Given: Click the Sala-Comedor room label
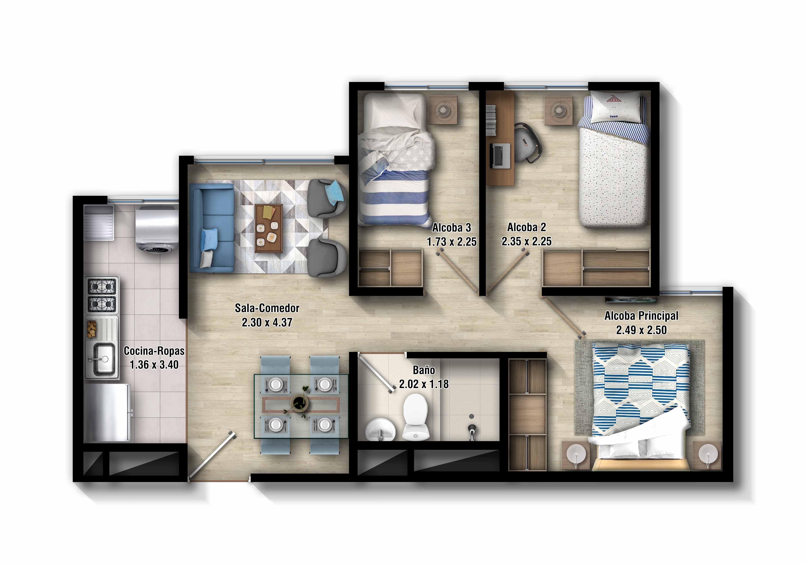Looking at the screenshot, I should [267, 308].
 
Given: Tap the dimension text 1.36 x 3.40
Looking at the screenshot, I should [154, 365].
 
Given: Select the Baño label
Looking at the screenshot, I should [424, 370].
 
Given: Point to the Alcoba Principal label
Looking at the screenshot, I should [641, 316].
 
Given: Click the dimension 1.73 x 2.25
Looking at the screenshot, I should [451, 242].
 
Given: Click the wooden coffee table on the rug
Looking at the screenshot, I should [269, 228].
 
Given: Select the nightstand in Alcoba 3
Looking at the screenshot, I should [443, 110].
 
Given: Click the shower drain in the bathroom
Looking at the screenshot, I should [472, 416].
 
